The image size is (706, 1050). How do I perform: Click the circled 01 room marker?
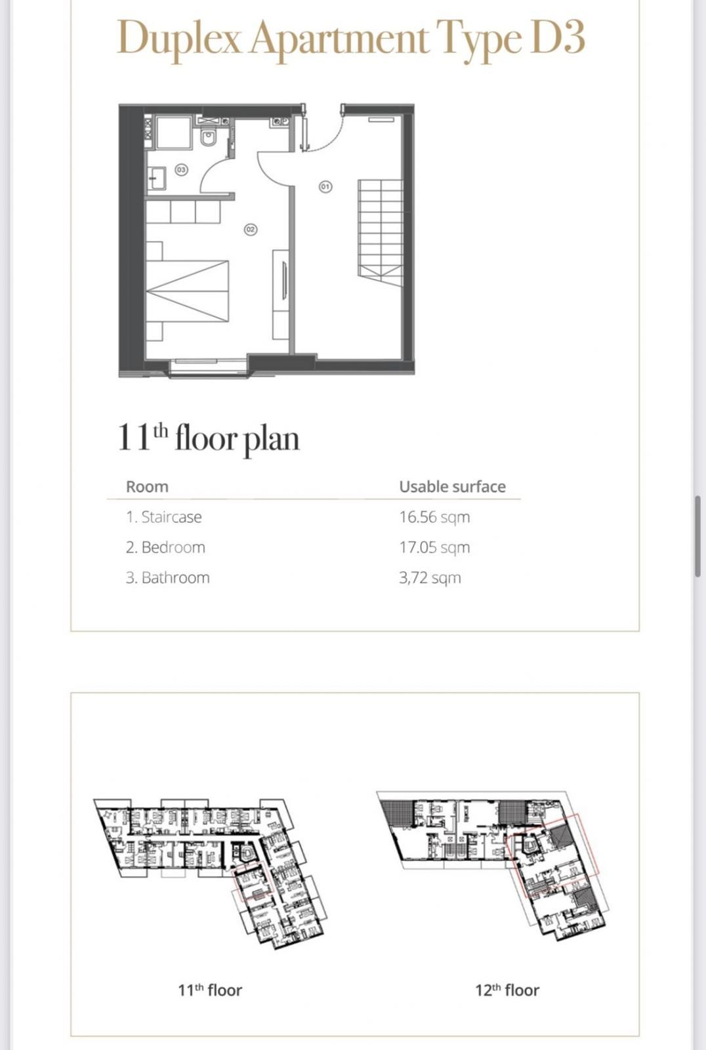(x=325, y=187)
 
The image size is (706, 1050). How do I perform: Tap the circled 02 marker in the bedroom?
(x=250, y=230)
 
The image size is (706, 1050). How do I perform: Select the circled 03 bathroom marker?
(x=181, y=170)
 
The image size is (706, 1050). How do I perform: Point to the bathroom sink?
(x=157, y=178)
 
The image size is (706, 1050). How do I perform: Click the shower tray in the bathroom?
(x=173, y=133)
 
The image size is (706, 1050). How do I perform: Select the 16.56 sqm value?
(x=434, y=517)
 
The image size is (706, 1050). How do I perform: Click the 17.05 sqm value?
(x=434, y=547)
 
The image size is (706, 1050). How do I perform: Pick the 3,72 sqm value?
(x=430, y=578)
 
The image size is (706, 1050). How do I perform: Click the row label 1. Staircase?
(x=164, y=517)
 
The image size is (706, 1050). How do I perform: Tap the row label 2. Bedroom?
(x=165, y=547)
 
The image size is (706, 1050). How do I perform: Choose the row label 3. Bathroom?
(x=168, y=578)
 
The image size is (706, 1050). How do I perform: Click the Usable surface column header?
(x=452, y=487)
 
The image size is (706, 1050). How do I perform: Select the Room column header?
(x=147, y=487)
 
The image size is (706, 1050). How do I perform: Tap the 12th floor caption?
(x=507, y=990)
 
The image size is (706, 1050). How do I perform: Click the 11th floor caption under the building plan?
(x=210, y=990)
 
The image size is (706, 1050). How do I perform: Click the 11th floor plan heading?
(x=209, y=438)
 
